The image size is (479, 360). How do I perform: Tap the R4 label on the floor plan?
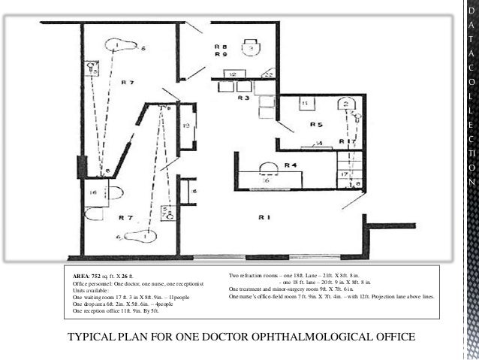[x=291, y=165]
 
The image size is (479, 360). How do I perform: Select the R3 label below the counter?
[x=244, y=98]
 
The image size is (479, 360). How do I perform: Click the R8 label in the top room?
[x=220, y=47]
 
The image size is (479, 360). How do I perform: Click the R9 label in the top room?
[x=220, y=55]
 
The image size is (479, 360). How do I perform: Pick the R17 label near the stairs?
[x=347, y=141]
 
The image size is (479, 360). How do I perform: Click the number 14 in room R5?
[x=318, y=143]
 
